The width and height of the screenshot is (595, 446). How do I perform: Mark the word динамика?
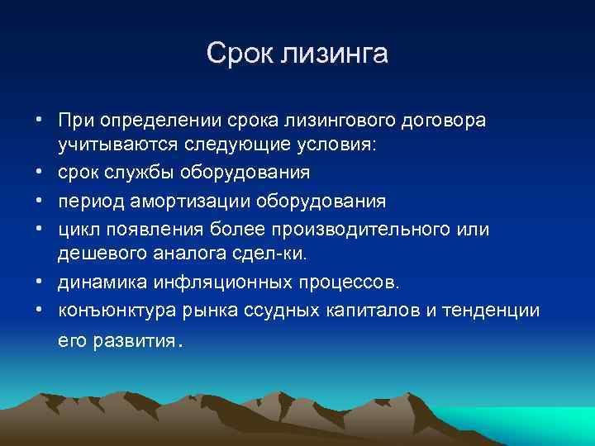click(x=97, y=282)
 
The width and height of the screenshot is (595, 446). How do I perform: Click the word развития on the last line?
click(x=132, y=340)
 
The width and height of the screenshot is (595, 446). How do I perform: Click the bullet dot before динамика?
click(x=40, y=282)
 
